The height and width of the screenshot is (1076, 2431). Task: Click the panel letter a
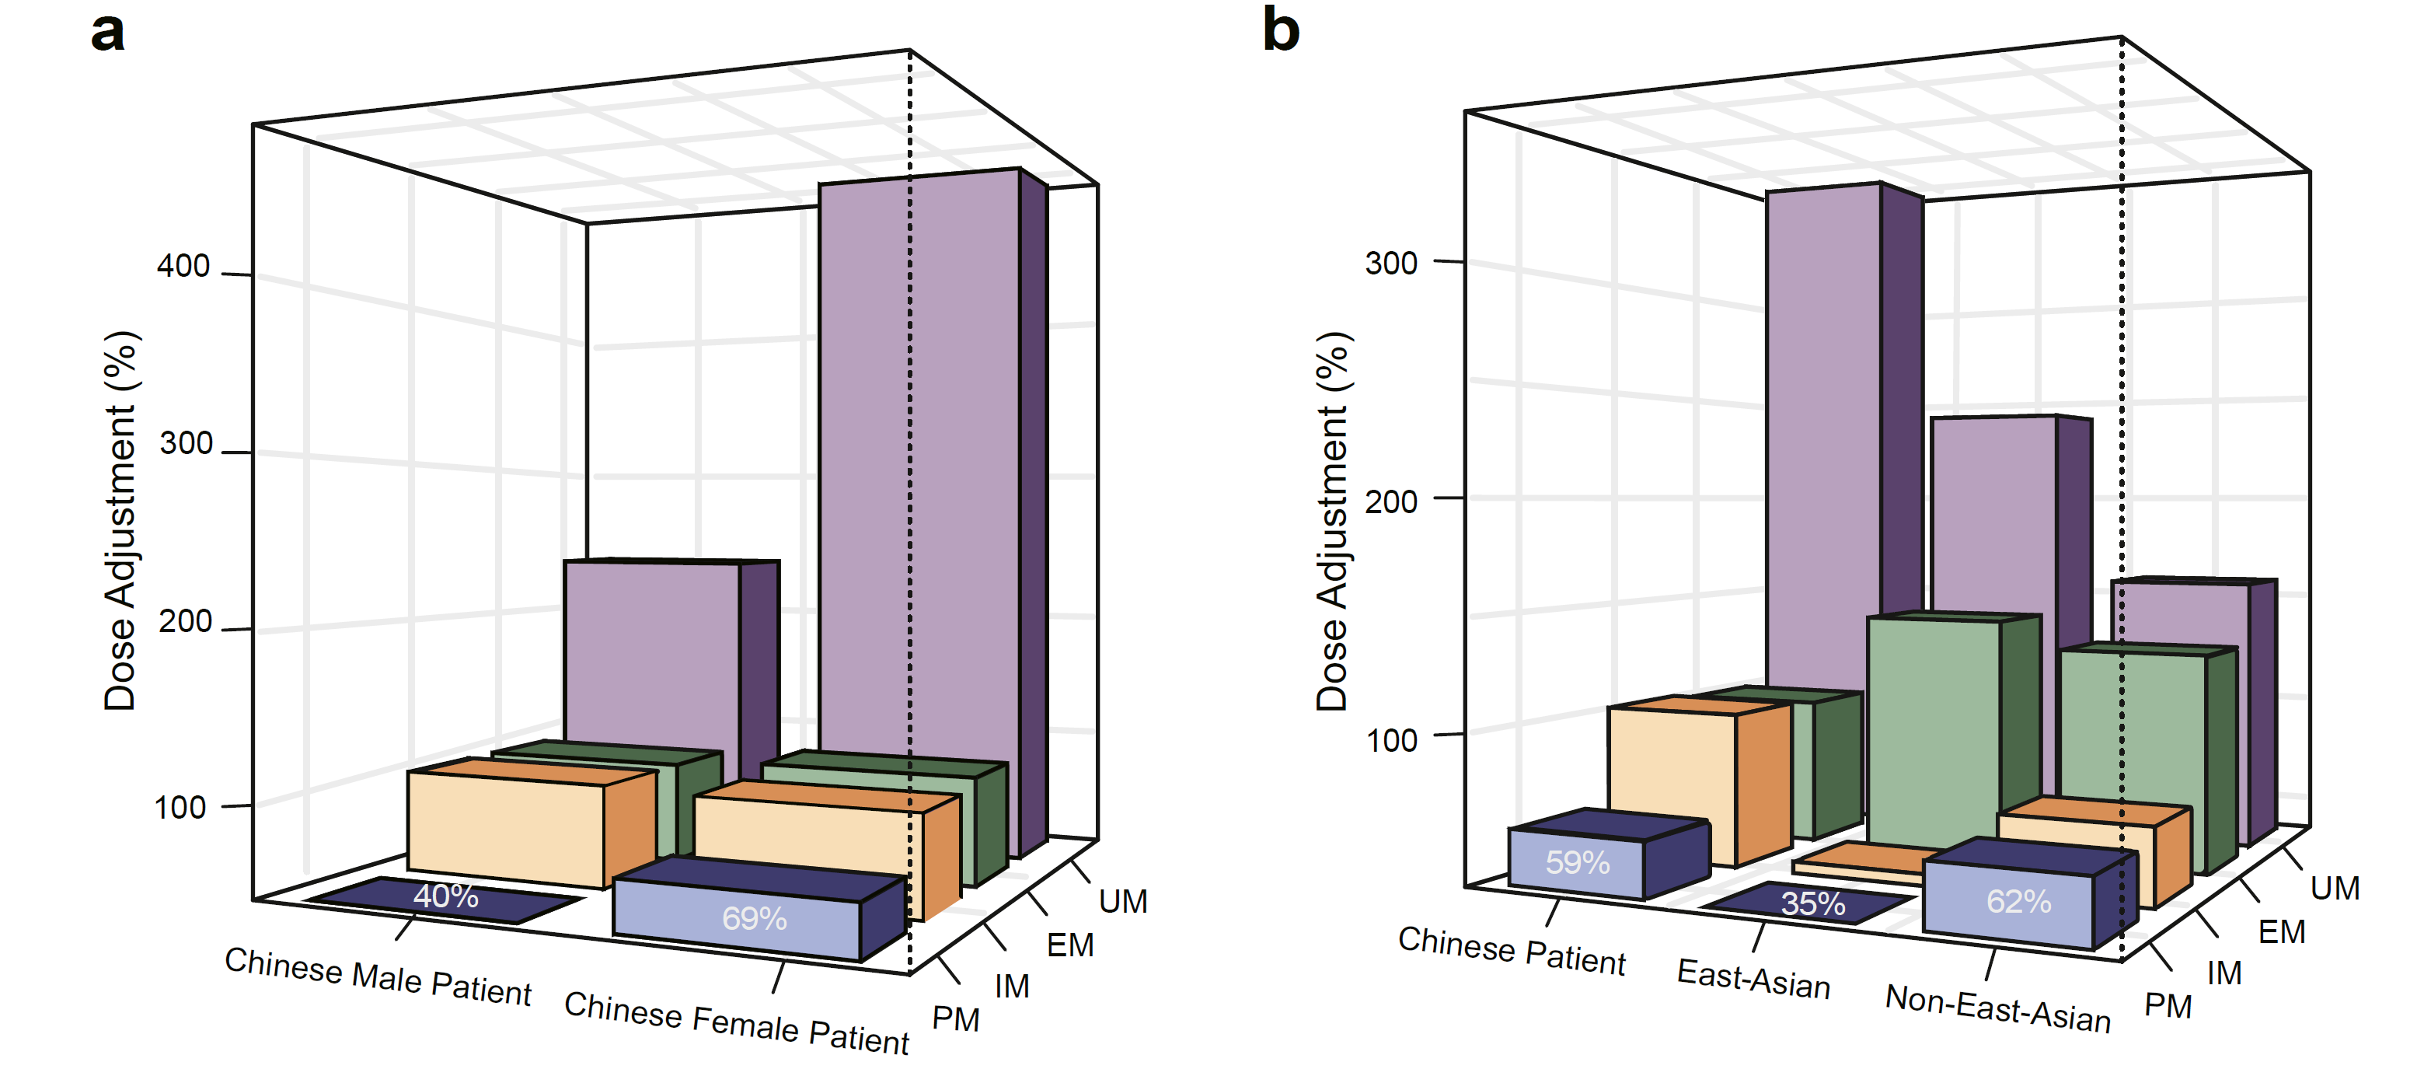tap(107, 32)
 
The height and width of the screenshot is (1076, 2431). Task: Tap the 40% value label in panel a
tap(445, 896)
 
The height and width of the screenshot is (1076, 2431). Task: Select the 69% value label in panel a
tap(754, 918)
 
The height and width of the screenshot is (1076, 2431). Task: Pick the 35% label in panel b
tap(1812, 903)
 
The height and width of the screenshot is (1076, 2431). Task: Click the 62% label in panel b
tap(2018, 901)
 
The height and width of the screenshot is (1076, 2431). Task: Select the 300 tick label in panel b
tap(1391, 264)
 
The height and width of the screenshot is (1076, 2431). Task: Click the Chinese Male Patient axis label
tap(378, 978)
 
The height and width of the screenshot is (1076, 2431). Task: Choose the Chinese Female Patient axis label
tap(736, 1023)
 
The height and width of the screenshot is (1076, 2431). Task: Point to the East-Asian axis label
tap(1753, 979)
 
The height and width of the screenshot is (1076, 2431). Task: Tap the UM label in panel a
tap(1123, 901)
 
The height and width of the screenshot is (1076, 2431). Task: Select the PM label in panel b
tap(2167, 1006)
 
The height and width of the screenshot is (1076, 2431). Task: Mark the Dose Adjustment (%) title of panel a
tap(120, 521)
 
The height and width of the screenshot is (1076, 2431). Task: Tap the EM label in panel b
tap(2281, 932)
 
